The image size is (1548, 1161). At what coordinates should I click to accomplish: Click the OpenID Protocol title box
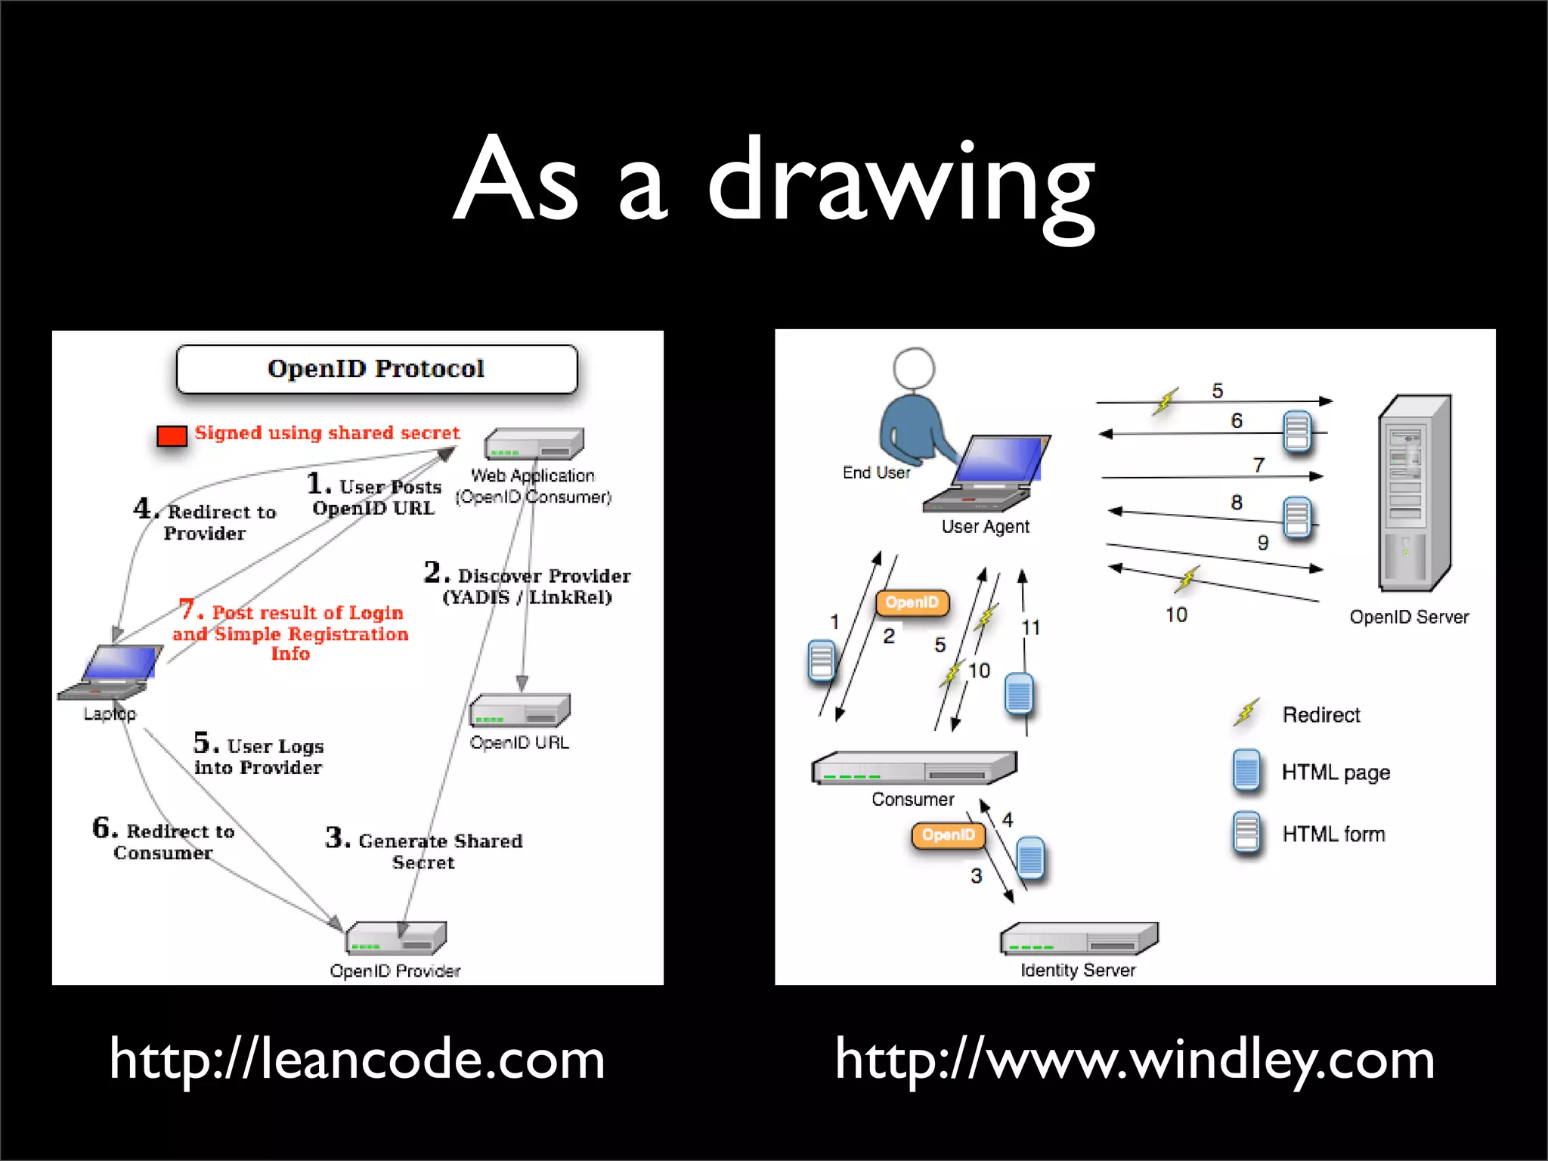point(376,369)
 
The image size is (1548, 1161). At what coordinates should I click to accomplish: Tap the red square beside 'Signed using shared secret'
point(172,436)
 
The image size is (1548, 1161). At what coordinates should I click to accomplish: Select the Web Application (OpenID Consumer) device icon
point(534,444)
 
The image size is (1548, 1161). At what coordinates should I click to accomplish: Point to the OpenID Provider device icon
point(396,938)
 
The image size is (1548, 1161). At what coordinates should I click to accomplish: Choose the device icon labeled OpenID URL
point(519,711)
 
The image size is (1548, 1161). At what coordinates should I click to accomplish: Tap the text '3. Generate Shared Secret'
point(423,850)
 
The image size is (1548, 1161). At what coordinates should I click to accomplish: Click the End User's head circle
point(914,368)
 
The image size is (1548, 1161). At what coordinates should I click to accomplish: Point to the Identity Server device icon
point(1079,939)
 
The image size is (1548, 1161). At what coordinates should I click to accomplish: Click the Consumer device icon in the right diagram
point(914,768)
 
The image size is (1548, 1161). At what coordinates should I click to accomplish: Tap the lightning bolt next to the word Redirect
point(1246,712)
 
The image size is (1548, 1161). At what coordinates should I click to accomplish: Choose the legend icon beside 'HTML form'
point(1246,832)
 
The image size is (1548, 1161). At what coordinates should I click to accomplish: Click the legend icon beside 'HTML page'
point(1246,771)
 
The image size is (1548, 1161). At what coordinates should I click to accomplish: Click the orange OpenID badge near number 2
point(912,602)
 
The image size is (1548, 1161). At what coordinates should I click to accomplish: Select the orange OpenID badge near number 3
point(948,835)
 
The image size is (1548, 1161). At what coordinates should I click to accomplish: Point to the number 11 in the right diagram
point(1030,627)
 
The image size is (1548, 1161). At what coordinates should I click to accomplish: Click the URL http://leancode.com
point(357,1059)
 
